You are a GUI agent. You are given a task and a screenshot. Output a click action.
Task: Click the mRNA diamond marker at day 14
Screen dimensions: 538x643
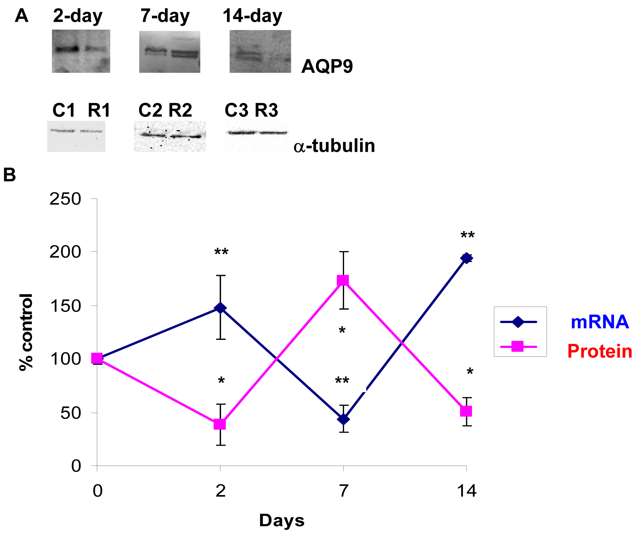pyautogui.click(x=466, y=258)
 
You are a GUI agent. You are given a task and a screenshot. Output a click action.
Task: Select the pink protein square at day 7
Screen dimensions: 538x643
pyautogui.click(x=343, y=280)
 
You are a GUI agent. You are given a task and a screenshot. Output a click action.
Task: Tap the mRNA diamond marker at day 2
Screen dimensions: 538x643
pyautogui.click(x=220, y=308)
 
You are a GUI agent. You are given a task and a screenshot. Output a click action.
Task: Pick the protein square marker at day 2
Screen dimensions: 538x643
pyautogui.click(x=220, y=424)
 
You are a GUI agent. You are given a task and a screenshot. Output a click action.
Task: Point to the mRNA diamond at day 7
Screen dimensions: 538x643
pyautogui.click(x=343, y=419)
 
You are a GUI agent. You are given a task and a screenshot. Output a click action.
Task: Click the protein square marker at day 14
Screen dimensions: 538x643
pyautogui.click(x=466, y=411)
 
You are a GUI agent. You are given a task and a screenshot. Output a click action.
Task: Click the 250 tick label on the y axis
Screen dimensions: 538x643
pyautogui.click(x=65, y=199)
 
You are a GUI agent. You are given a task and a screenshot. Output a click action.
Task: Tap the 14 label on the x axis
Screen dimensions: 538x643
pyautogui.click(x=467, y=491)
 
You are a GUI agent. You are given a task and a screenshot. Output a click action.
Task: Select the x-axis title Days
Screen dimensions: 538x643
pyautogui.click(x=282, y=521)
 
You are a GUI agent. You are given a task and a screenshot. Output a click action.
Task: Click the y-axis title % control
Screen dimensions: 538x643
pyautogui.click(x=26, y=332)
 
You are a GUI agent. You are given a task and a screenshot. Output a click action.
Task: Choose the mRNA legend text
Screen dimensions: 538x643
pyautogui.click(x=599, y=322)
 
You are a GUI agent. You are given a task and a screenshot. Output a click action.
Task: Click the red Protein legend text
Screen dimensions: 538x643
pyautogui.click(x=599, y=351)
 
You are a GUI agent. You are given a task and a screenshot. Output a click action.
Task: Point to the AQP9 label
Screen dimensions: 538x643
pyautogui.click(x=327, y=66)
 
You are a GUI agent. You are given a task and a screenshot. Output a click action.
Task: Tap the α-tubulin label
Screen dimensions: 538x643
pyautogui.click(x=334, y=146)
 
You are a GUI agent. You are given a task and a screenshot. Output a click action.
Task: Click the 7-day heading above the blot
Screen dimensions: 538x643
pyautogui.click(x=165, y=16)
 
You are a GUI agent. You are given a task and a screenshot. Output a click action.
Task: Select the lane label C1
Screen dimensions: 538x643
pyautogui.click(x=64, y=110)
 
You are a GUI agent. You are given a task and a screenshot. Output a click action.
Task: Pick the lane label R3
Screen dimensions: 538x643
pyautogui.click(x=266, y=110)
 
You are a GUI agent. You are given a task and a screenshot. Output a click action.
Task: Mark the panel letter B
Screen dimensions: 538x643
pyautogui.click(x=10, y=175)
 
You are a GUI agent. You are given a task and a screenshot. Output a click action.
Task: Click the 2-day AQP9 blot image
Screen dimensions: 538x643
pyautogui.click(x=81, y=51)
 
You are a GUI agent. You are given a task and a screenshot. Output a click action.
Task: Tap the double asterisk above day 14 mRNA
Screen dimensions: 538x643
pyautogui.click(x=467, y=236)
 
